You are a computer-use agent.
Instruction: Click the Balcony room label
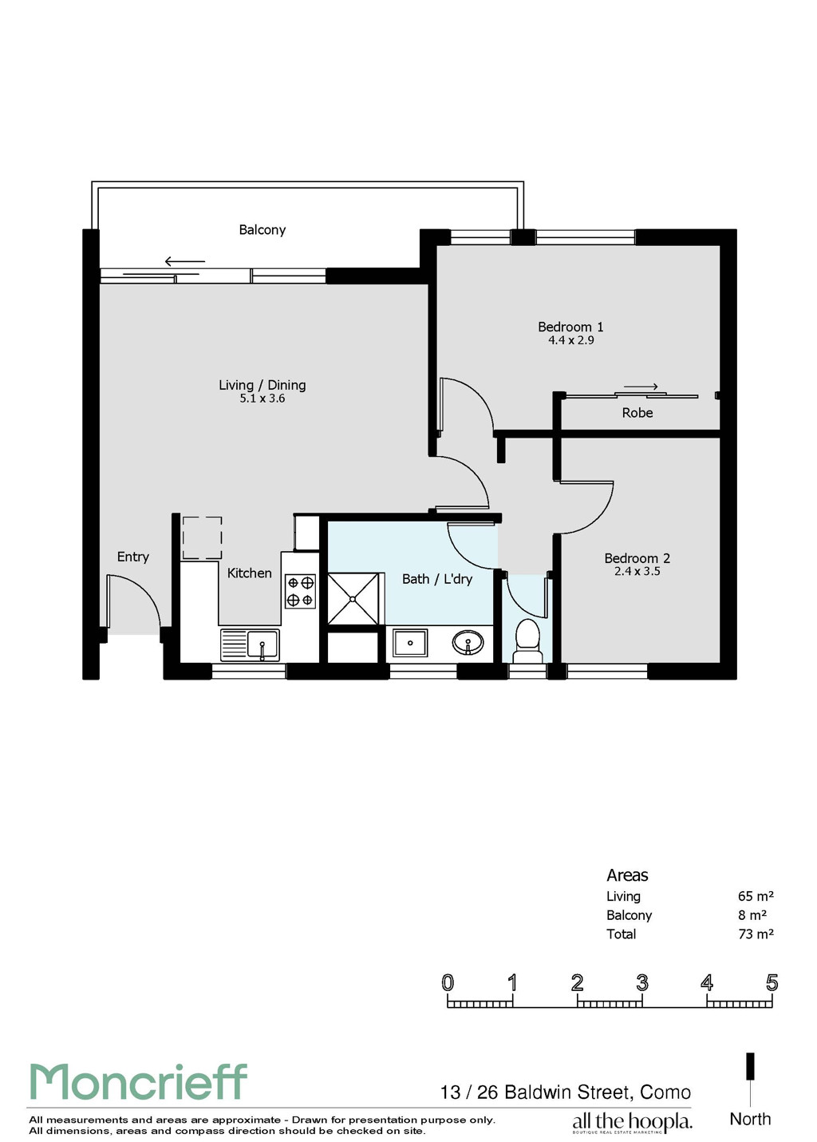tap(262, 230)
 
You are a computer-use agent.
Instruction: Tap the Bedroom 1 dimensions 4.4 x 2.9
tap(570, 340)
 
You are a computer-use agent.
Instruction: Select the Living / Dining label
tap(262, 385)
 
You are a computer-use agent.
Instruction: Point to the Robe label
tap(637, 412)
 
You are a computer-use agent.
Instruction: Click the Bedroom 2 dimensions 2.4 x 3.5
tap(637, 571)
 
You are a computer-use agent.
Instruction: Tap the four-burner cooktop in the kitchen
tap(301, 591)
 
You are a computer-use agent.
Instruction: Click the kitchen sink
tap(250, 644)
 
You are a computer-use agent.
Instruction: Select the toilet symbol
tap(527, 640)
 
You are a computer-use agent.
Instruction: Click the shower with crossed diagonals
tap(353, 598)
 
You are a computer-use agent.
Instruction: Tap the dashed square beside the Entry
tap(202, 538)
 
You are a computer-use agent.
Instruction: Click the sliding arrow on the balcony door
tap(184, 261)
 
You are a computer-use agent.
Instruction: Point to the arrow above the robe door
tap(641, 387)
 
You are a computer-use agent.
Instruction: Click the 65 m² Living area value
tap(756, 896)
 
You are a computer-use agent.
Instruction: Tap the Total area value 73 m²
tap(756, 934)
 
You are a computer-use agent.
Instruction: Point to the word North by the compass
tap(750, 1119)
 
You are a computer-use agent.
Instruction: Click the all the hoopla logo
tap(632, 1122)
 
